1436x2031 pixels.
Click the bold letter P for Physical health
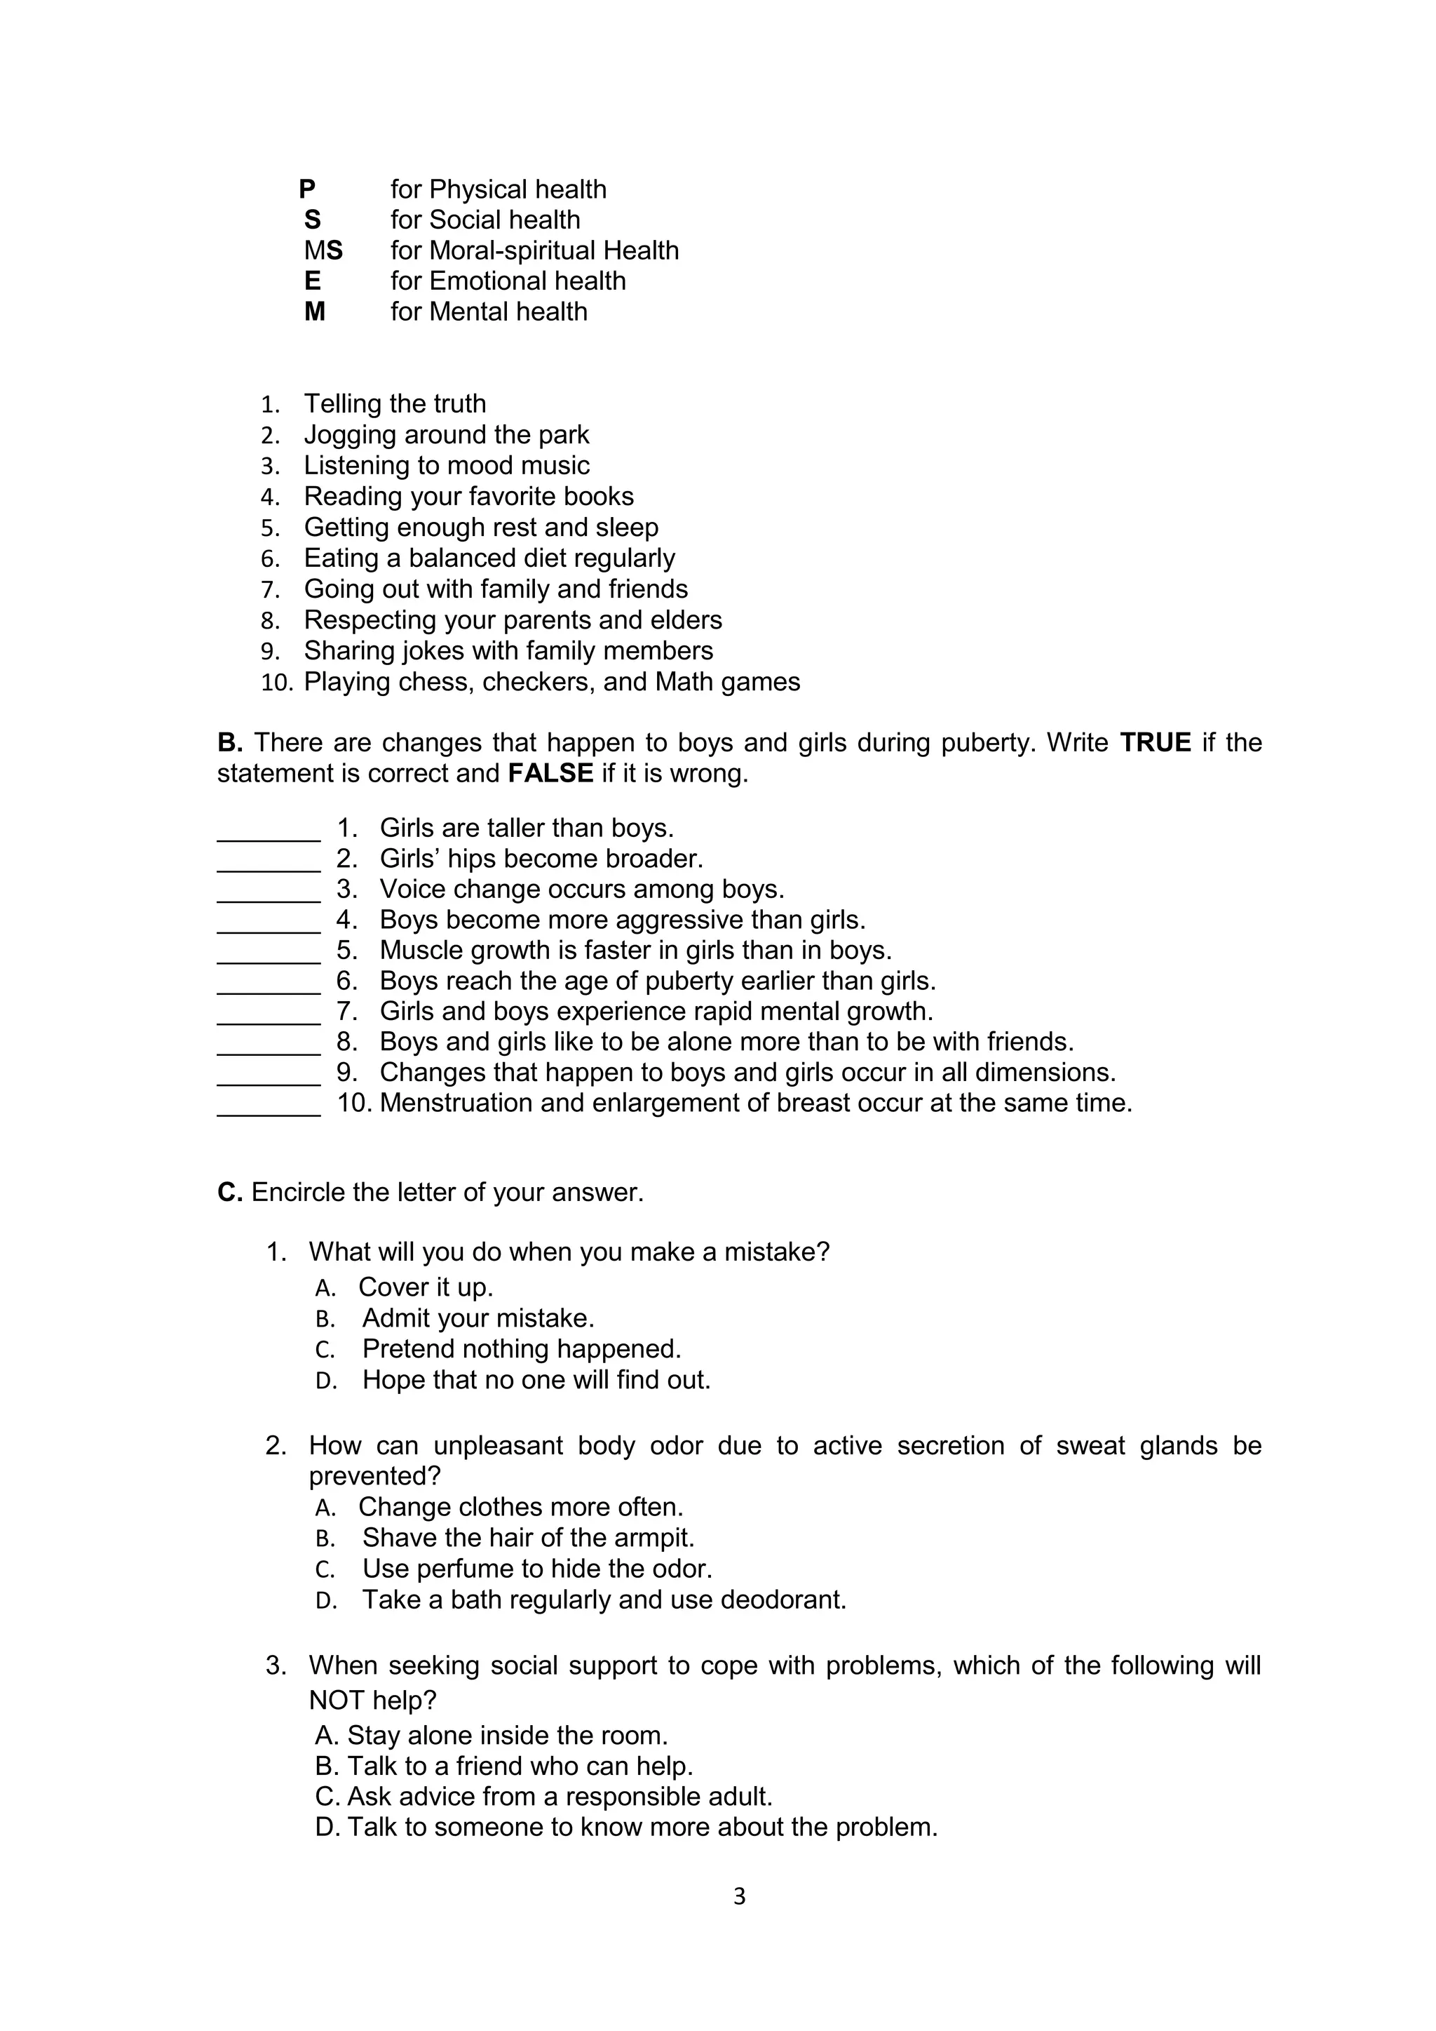[x=307, y=189]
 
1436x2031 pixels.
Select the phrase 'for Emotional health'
[x=508, y=281]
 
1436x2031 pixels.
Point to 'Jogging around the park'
[x=446, y=434]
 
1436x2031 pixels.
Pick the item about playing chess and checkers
[x=552, y=682]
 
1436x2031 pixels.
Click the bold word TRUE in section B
[x=1155, y=742]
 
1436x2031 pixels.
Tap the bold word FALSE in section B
[x=550, y=773]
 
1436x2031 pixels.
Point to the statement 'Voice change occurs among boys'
[x=582, y=889]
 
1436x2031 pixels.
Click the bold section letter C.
[x=229, y=1193]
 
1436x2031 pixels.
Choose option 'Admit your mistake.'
[x=477, y=1318]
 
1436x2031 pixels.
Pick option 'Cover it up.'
[x=426, y=1287]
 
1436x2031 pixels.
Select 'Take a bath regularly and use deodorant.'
[x=604, y=1600]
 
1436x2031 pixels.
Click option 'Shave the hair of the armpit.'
[x=528, y=1537]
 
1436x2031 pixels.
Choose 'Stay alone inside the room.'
[x=507, y=1735]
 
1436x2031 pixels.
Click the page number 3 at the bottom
[x=739, y=1896]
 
